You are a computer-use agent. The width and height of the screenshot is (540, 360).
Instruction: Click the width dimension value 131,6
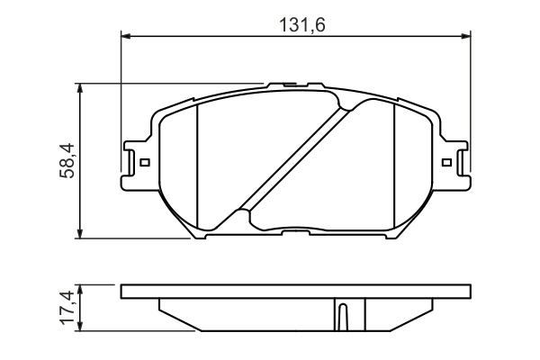pos(296,25)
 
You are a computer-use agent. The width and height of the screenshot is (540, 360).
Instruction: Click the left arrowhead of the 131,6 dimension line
pos(126,37)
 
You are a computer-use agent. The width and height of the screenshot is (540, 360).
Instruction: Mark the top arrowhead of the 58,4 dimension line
pos(82,89)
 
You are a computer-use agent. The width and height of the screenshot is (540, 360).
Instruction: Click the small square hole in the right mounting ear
pos(446,163)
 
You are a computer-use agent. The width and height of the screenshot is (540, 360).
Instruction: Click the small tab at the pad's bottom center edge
pos(294,233)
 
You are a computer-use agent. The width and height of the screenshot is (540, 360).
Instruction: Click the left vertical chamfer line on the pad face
pos(195,162)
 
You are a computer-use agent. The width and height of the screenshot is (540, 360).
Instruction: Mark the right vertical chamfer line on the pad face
pos(395,162)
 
